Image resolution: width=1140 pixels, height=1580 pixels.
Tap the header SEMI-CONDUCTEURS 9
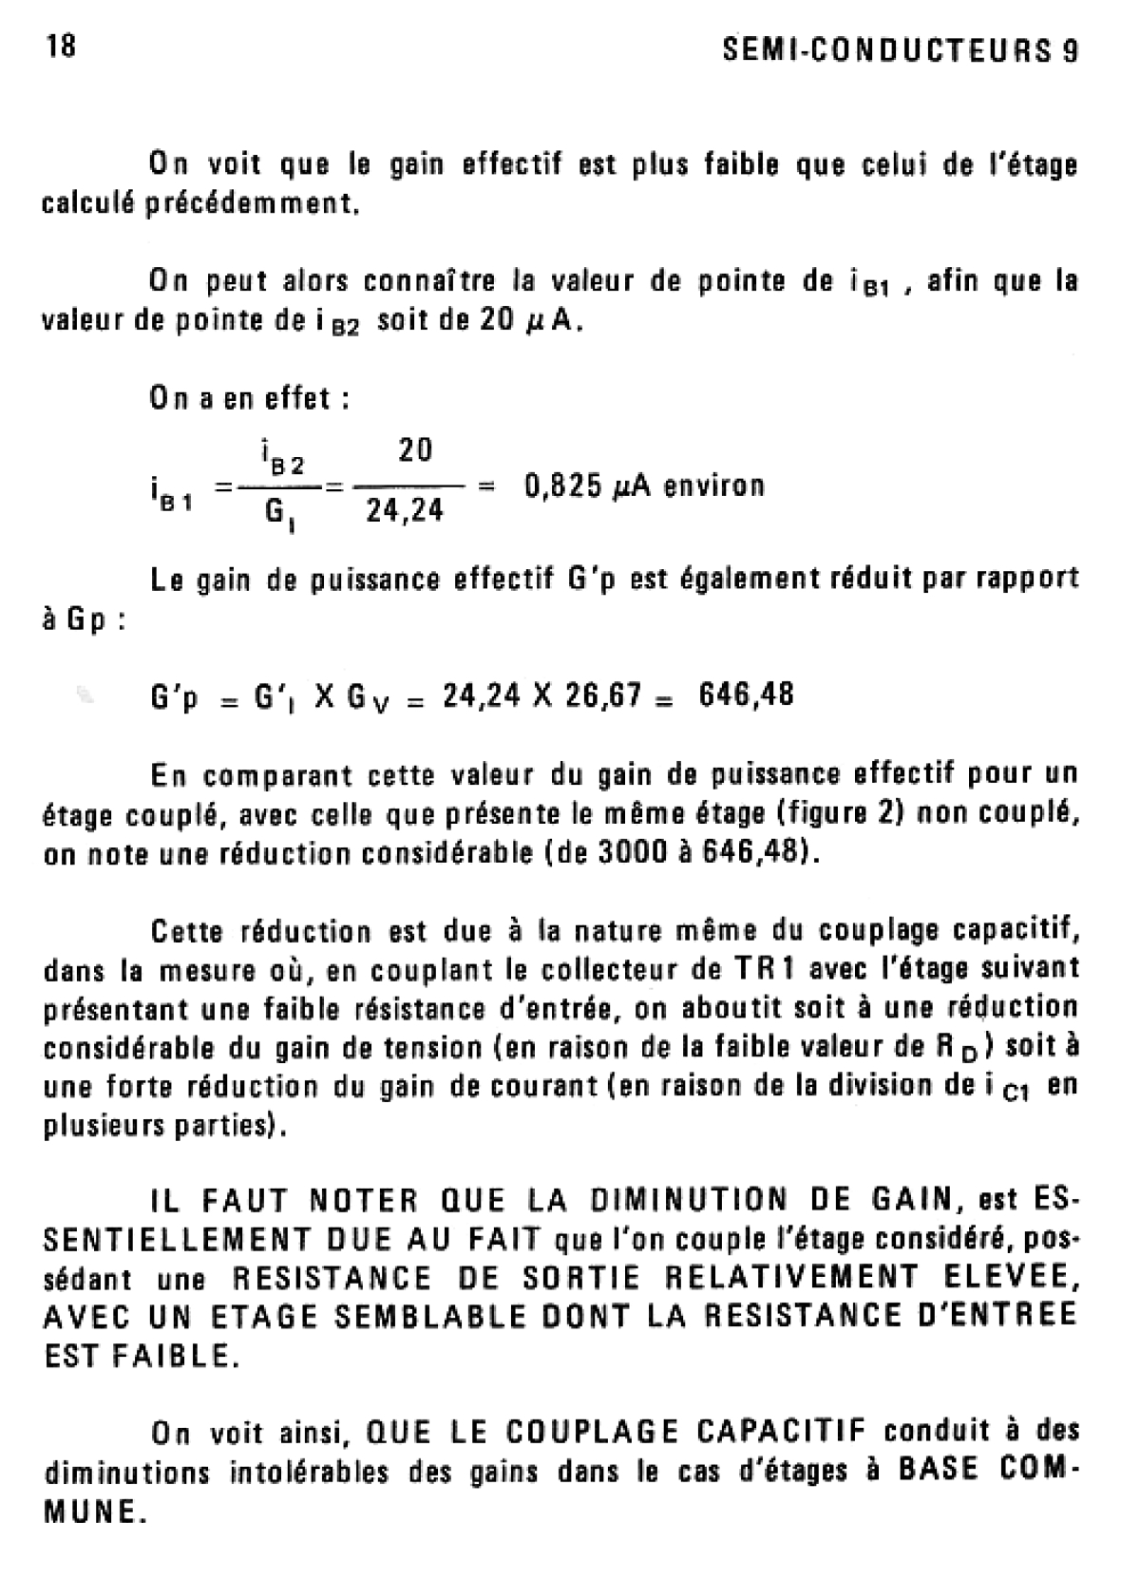tap(900, 50)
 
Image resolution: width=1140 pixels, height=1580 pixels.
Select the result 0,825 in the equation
tap(562, 486)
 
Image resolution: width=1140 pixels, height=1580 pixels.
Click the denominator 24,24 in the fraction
tap(406, 512)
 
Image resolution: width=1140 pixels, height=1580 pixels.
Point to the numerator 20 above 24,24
tap(415, 449)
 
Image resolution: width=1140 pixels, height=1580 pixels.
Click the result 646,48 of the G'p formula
tap(746, 695)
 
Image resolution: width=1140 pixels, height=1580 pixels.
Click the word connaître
tap(431, 282)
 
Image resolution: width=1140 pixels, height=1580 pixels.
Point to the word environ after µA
tap(713, 486)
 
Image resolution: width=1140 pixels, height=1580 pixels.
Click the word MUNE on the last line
tap(95, 1513)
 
